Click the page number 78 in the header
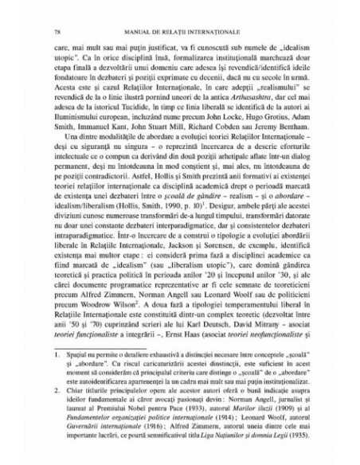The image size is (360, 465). [52, 30]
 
